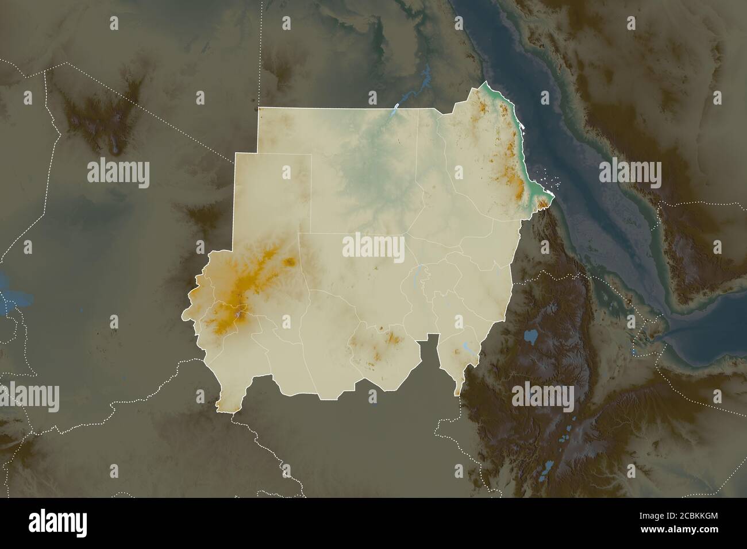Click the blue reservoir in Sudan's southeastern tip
[x=463, y=346]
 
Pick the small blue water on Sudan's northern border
[x=396, y=108]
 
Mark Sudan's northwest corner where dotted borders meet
[x=260, y=109]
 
